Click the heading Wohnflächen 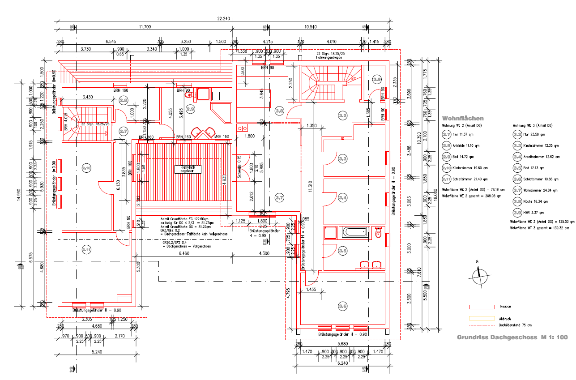coord(463,118)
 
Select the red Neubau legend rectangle coord(481,307)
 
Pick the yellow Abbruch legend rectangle coord(481,318)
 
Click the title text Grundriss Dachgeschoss coord(497,337)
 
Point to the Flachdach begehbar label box coord(188,169)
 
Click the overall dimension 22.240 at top coord(223,19)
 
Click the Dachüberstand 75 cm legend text coord(513,325)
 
